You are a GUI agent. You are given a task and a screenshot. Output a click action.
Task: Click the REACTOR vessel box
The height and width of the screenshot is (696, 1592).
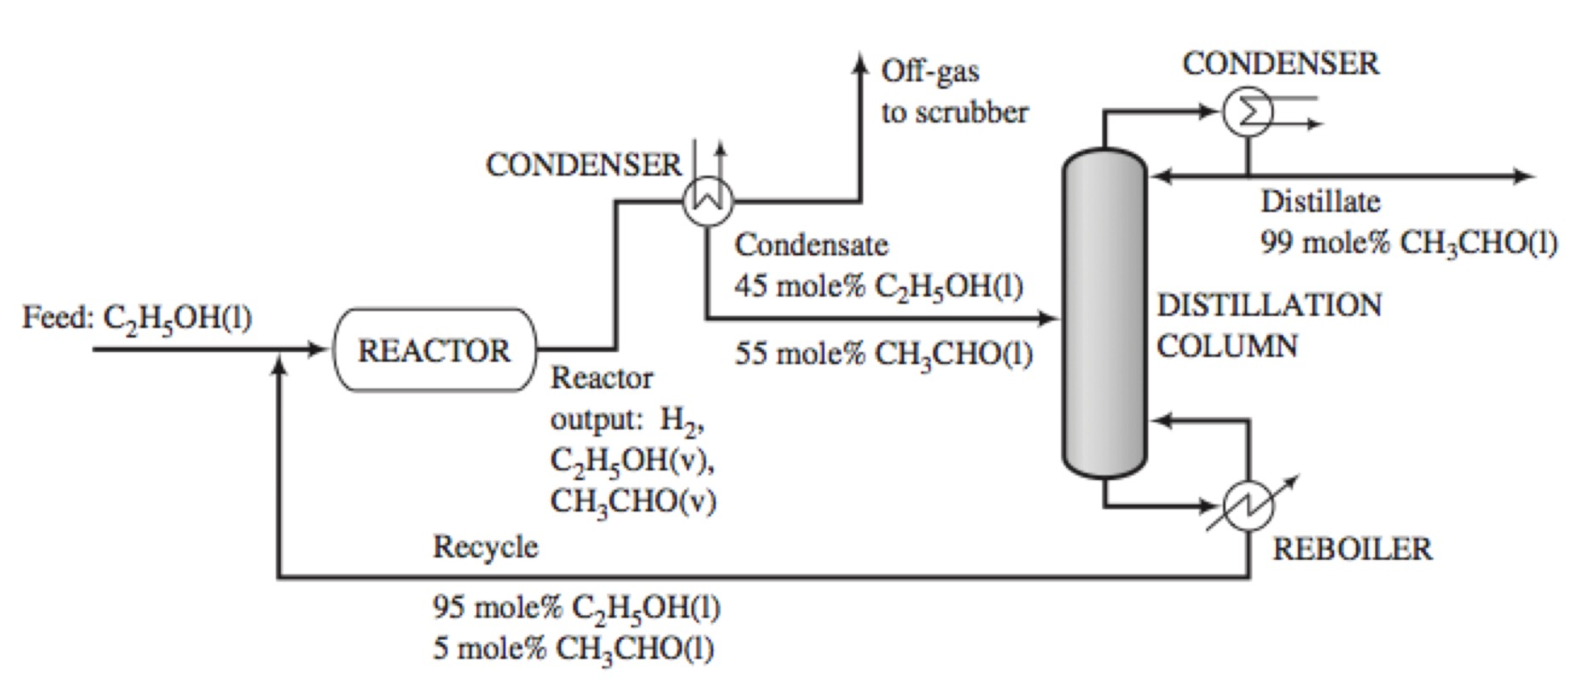click(x=434, y=350)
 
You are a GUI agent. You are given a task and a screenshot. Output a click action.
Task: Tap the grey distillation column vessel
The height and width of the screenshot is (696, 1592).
click(x=1104, y=311)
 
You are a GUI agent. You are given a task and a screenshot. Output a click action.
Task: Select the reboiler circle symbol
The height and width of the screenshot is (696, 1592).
click(x=1248, y=506)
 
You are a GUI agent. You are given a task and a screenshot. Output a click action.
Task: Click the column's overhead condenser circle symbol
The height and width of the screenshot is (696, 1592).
click(x=1247, y=112)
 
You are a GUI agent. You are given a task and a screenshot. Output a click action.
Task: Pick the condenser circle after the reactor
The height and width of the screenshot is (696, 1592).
click(x=707, y=201)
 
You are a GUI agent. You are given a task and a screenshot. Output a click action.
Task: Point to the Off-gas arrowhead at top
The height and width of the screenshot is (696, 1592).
click(x=859, y=62)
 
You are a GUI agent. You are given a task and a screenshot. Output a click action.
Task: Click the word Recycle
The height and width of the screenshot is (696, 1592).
click(x=485, y=547)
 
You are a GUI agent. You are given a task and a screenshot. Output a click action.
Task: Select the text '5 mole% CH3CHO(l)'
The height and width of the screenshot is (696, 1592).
click(x=573, y=649)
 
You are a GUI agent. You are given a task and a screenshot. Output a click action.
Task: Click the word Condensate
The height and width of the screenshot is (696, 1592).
click(x=811, y=245)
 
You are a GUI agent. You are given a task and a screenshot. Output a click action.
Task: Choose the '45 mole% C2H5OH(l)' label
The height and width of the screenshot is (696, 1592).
click(x=878, y=286)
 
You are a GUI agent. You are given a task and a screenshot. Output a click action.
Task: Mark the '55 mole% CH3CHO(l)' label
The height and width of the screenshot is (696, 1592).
click(x=883, y=354)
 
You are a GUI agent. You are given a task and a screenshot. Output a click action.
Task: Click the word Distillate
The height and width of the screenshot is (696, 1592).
click(x=1320, y=201)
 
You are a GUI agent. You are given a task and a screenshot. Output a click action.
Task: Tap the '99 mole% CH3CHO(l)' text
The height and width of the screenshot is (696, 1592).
click(x=1408, y=243)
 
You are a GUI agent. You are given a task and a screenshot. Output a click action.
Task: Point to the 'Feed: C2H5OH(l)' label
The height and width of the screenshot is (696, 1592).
click(x=137, y=317)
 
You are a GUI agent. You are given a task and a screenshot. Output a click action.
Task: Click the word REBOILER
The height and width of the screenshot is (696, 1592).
click(x=1352, y=549)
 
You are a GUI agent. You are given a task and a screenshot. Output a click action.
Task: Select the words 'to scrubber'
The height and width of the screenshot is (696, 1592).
click(x=954, y=113)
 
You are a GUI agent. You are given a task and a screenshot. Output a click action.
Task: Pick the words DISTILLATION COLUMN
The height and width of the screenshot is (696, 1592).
click(x=1268, y=325)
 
